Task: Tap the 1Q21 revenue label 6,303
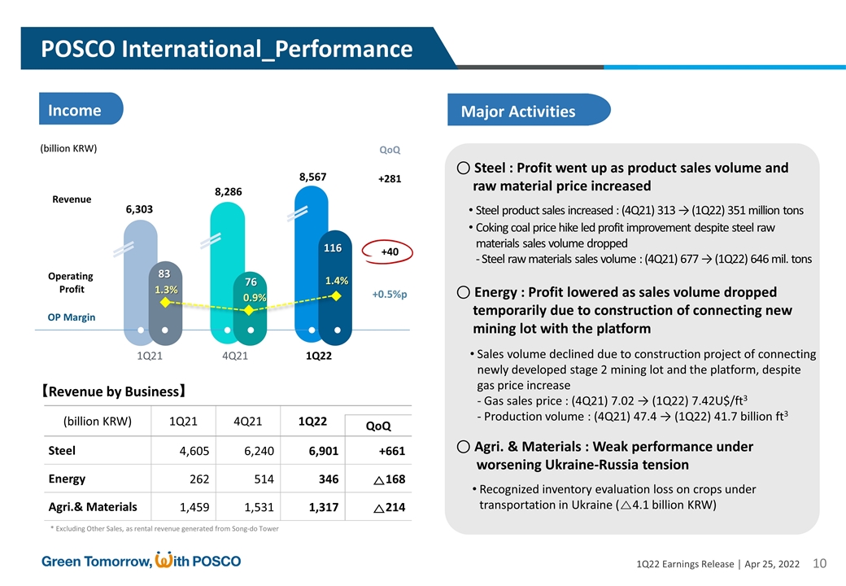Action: click(x=140, y=209)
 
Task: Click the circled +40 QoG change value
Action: click(x=389, y=252)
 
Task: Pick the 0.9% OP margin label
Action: click(x=254, y=298)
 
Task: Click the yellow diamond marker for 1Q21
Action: click(x=165, y=302)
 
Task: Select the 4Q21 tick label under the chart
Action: click(x=235, y=356)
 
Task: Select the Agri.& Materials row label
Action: click(x=93, y=507)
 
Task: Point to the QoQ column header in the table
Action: click(x=378, y=426)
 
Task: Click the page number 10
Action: click(x=819, y=563)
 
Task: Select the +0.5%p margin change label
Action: click(x=390, y=295)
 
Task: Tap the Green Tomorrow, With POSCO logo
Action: click(x=142, y=561)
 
